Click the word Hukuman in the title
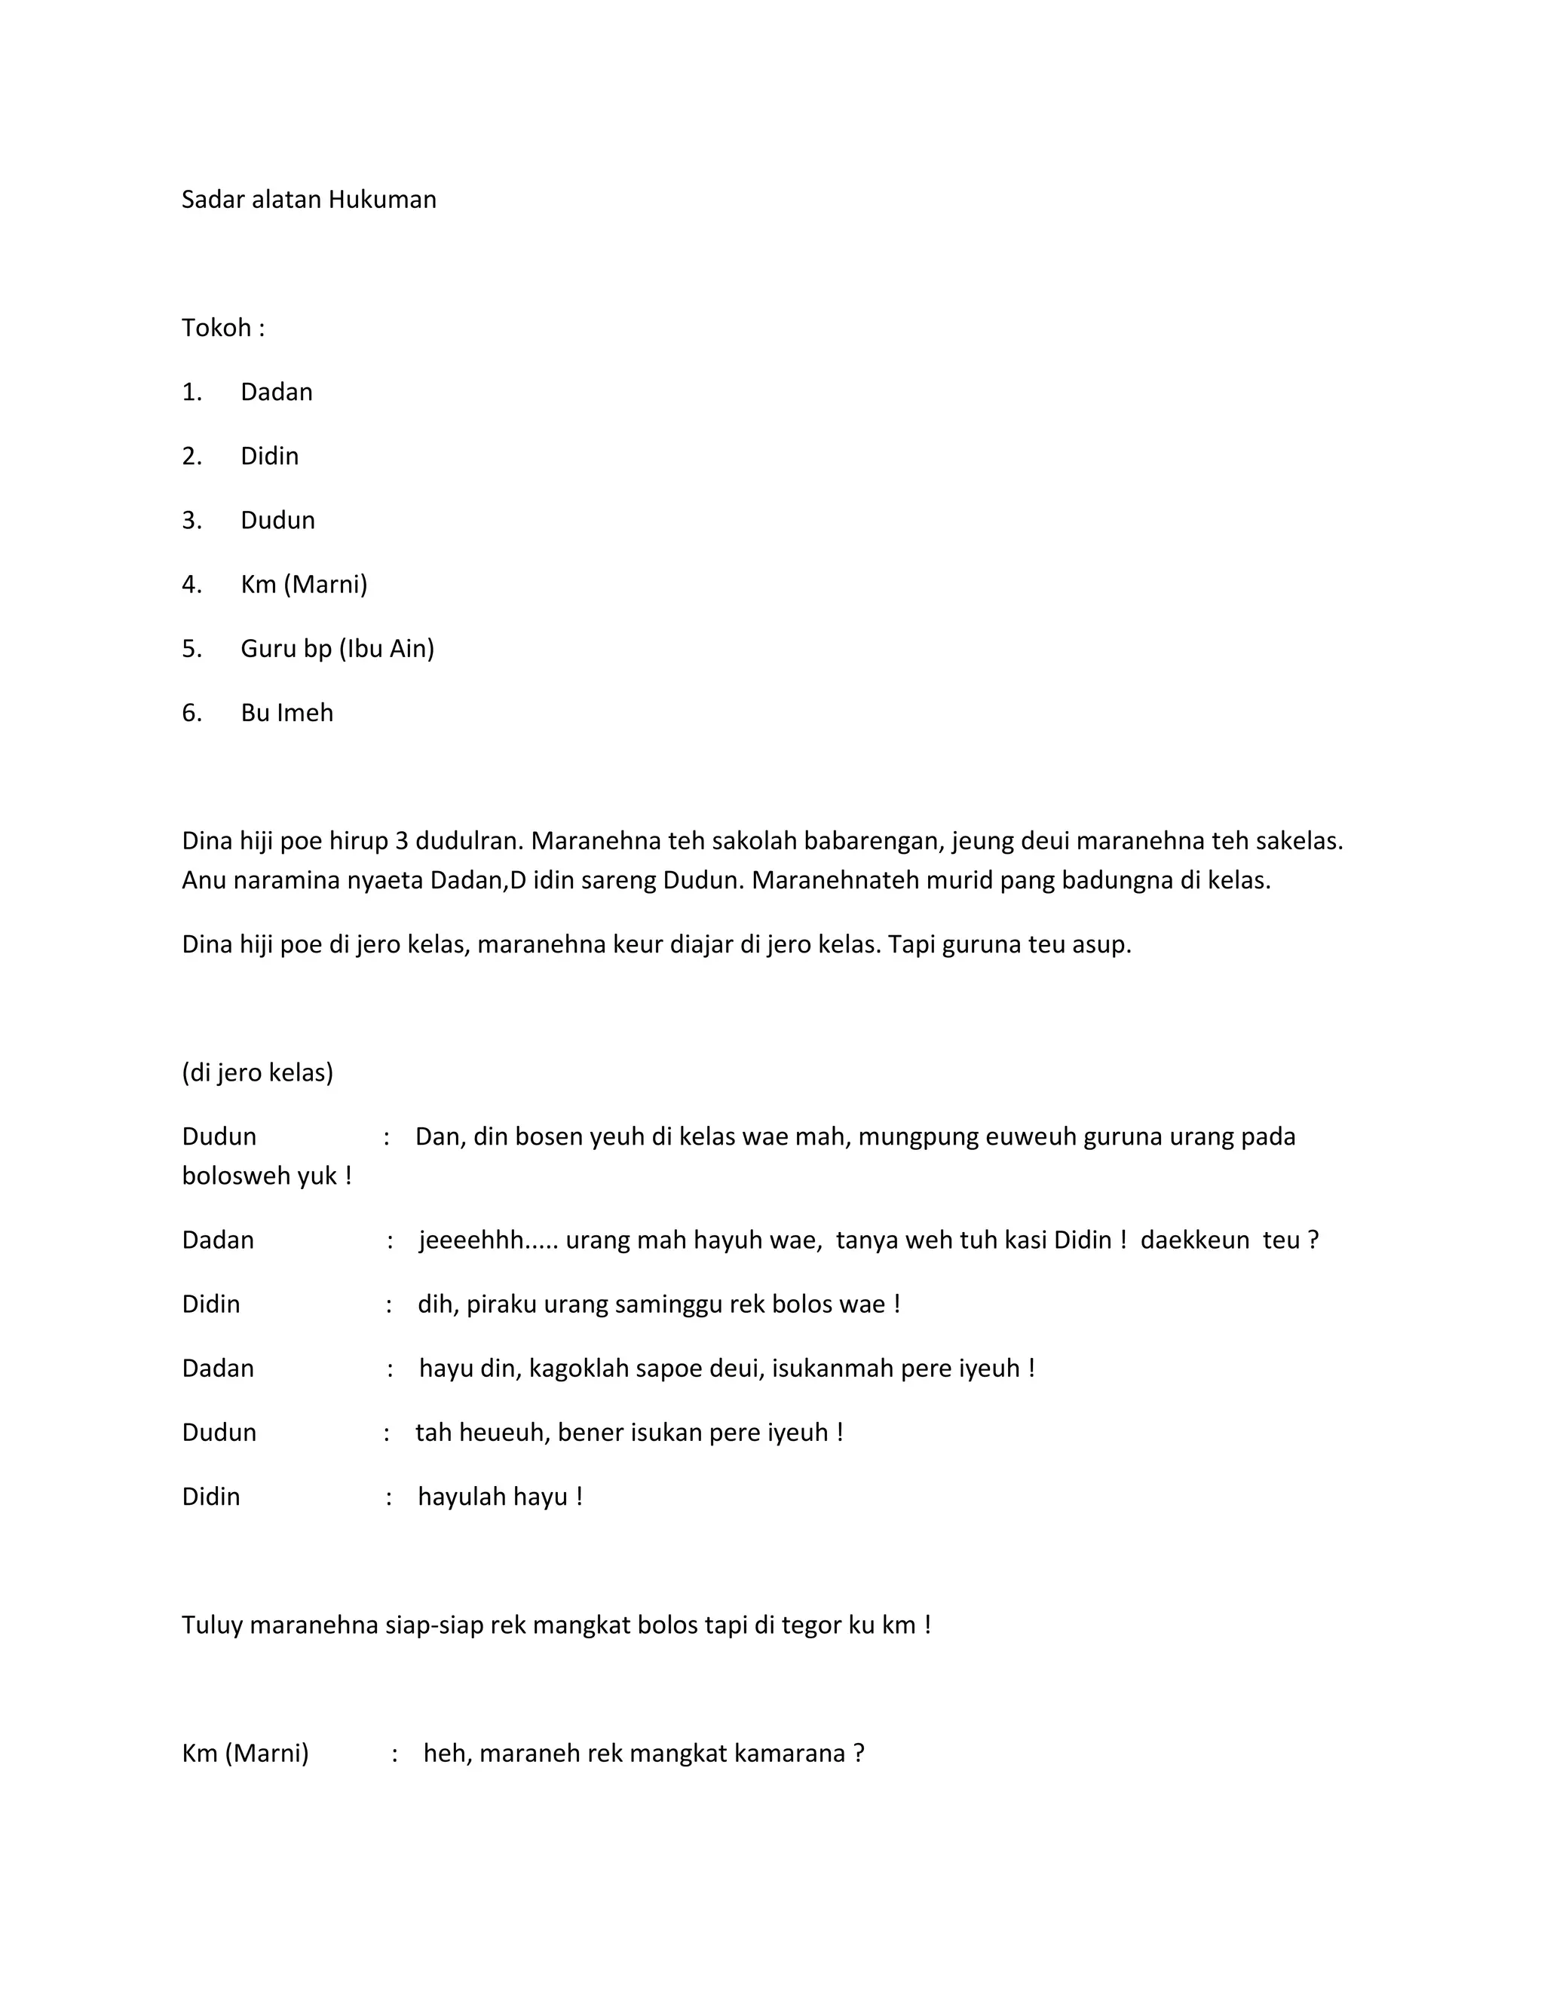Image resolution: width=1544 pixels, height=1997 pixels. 382,200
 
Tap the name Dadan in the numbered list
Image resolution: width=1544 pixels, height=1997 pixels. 276,393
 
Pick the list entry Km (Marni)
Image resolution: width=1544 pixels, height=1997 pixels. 304,584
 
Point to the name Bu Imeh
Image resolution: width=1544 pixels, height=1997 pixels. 287,712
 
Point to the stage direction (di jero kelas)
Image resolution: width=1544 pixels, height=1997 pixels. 258,1072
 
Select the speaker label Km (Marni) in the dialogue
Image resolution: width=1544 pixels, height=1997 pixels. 245,1753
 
